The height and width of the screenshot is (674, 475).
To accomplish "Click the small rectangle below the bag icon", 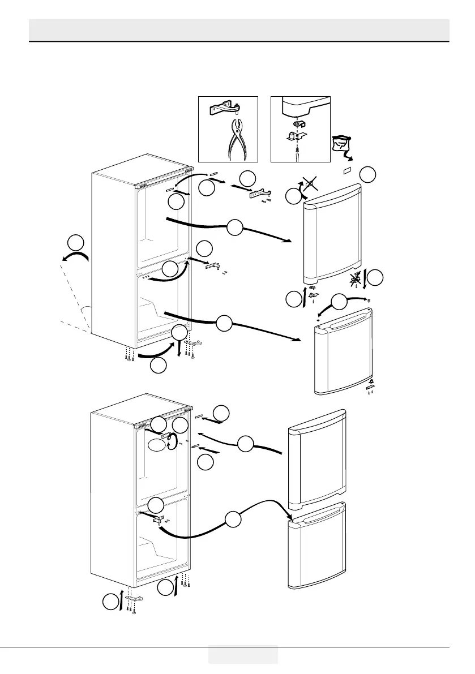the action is coord(348,170).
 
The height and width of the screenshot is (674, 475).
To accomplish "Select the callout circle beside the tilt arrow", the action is coord(75,243).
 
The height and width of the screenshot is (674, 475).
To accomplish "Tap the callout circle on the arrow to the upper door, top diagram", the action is coord(236,229).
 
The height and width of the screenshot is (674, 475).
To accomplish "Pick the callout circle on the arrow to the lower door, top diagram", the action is coord(224,323).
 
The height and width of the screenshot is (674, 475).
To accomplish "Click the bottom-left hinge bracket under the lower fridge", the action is coord(134,599).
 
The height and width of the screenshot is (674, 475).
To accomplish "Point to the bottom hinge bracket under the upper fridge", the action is coord(195,343).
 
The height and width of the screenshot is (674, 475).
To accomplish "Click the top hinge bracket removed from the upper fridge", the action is coord(260,194).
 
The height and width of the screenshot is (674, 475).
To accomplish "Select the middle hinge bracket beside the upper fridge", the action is coord(213,264).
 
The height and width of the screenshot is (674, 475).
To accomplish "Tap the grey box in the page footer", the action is coord(243,655).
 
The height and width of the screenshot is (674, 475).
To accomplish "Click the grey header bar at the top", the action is coord(238,29).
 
